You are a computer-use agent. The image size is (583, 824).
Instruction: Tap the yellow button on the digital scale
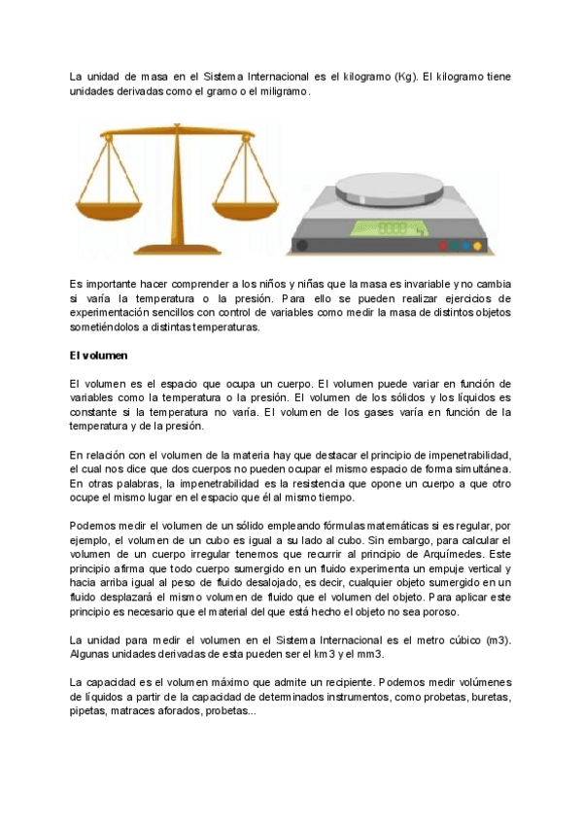[476, 246]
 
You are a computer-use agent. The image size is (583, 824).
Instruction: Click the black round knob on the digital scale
[303, 245]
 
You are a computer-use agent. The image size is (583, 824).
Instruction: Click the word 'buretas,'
[486, 698]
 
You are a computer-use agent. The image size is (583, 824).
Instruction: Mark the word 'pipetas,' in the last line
[90, 711]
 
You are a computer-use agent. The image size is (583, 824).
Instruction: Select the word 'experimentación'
[113, 313]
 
